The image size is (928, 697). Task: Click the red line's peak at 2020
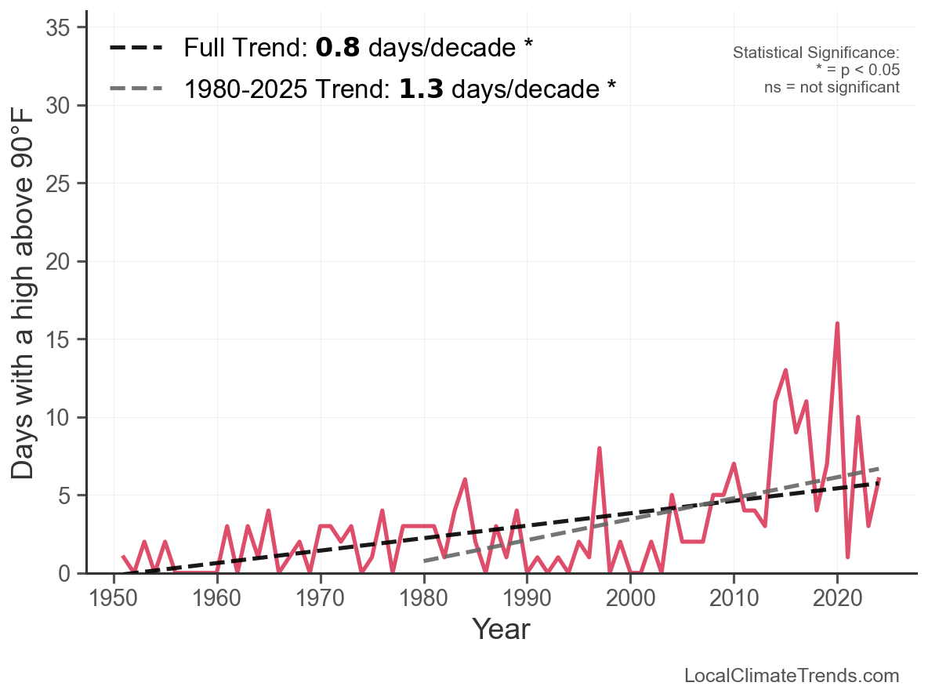pos(837,324)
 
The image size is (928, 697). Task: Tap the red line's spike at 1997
pos(599,448)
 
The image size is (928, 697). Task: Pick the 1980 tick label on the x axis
pos(424,601)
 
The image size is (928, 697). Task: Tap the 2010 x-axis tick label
pos(734,601)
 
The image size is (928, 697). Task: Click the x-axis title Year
pos(501,630)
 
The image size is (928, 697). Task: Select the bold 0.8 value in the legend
pos(338,49)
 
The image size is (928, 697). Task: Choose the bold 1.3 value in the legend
pos(421,89)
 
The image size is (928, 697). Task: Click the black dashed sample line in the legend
pos(136,49)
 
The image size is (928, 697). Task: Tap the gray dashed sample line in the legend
pos(136,89)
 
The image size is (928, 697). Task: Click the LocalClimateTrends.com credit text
pos(792,676)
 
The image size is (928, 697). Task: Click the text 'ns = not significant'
pos(832,87)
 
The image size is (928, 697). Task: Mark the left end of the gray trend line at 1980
pos(425,561)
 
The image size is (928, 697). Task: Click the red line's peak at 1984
pos(465,480)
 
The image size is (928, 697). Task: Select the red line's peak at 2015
pos(785,370)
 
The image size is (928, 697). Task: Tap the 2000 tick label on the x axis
pos(630,601)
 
